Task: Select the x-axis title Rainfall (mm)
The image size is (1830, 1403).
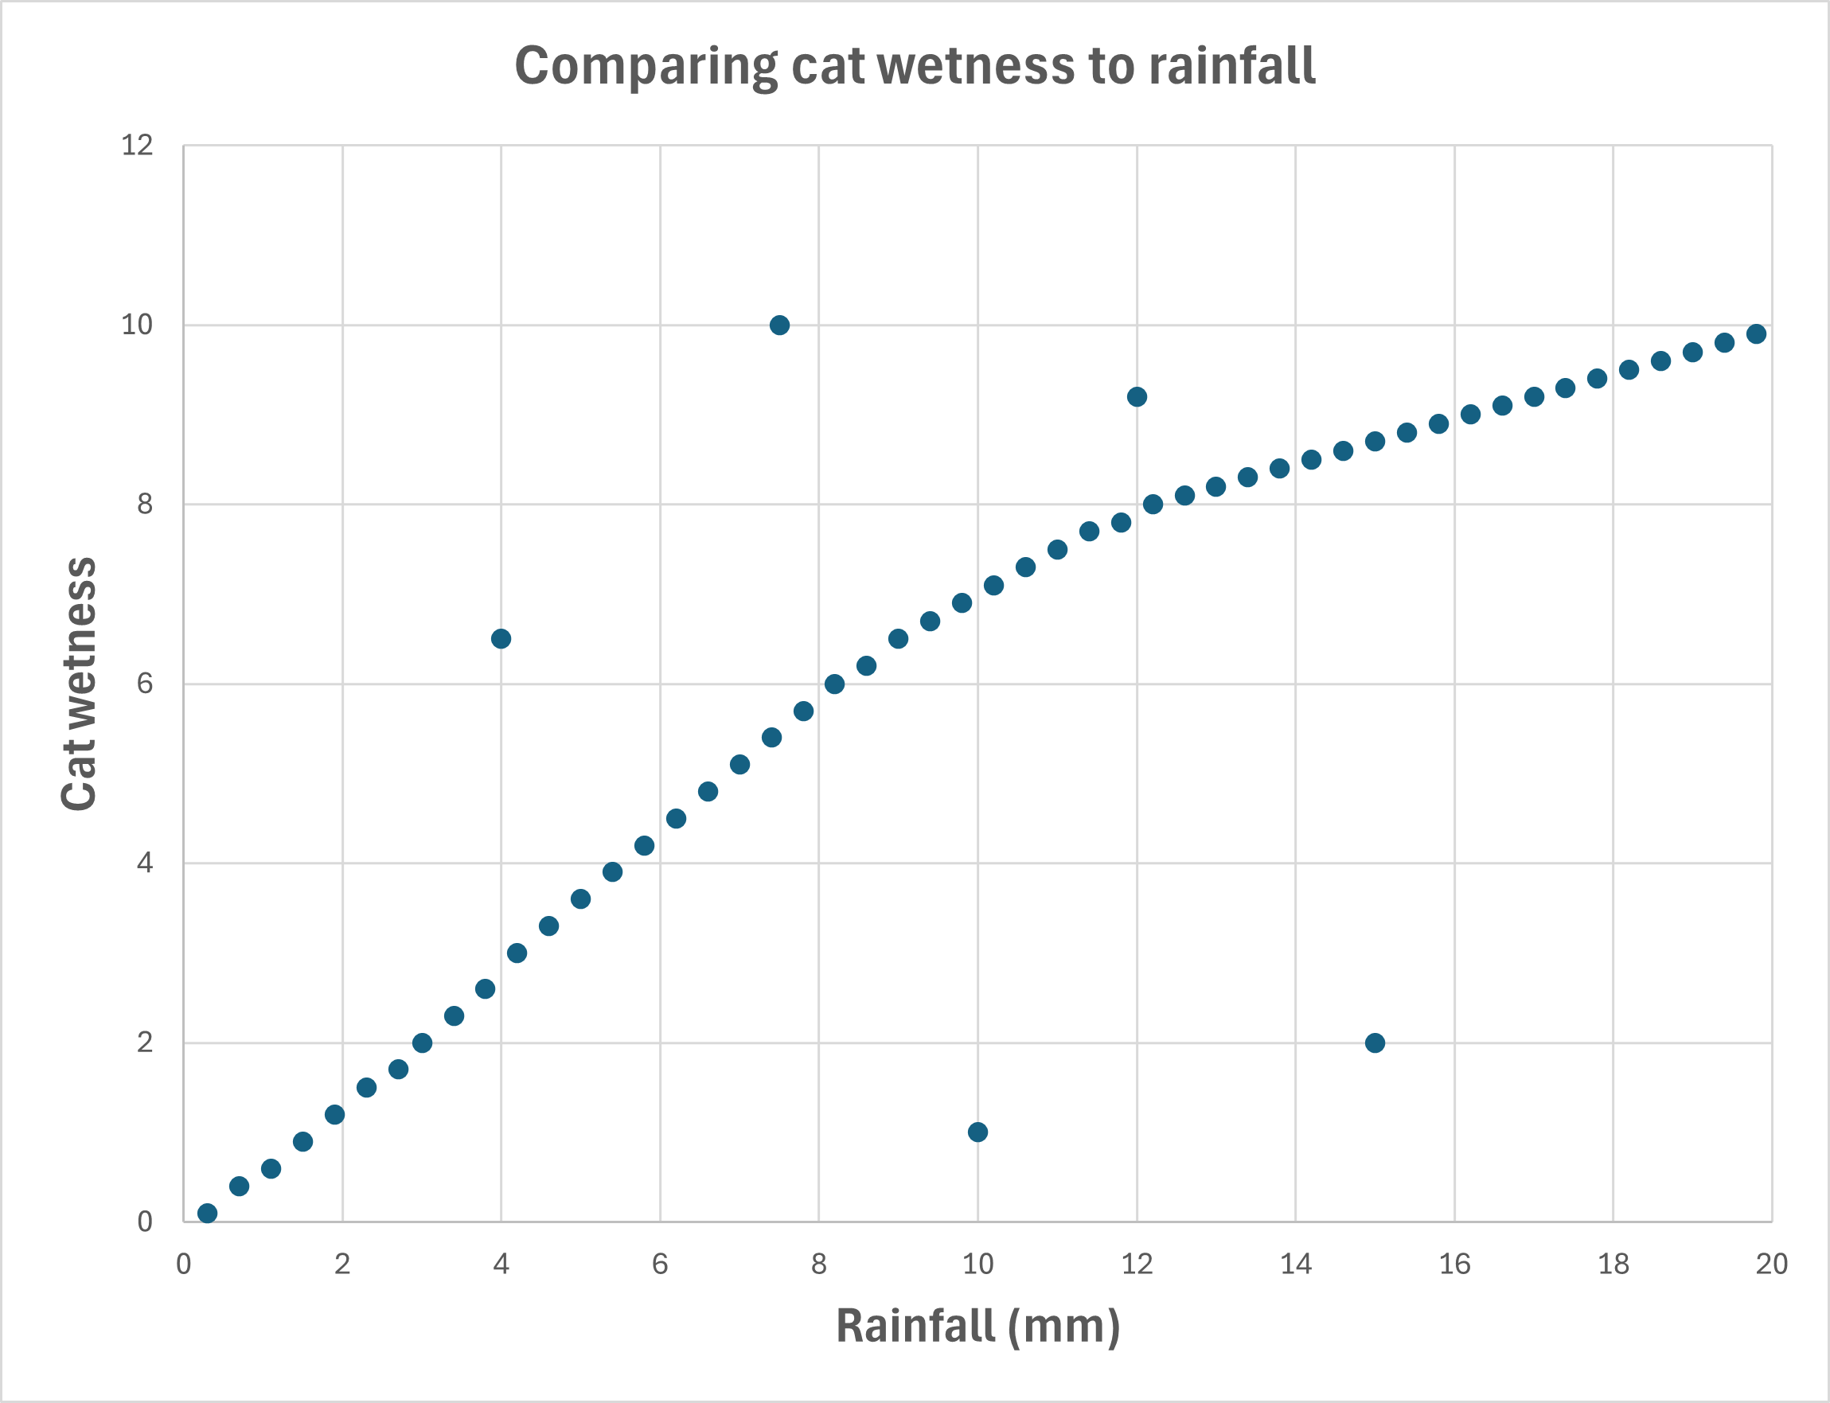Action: [977, 1326]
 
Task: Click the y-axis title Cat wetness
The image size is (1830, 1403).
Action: [80, 683]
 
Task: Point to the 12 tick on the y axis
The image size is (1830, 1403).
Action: [138, 146]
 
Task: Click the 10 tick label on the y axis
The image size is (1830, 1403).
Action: [138, 325]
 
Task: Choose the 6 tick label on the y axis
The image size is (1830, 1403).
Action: [146, 684]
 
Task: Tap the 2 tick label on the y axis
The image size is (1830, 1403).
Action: [146, 1043]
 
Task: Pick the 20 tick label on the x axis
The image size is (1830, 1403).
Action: [1771, 1265]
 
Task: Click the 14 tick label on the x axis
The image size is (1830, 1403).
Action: [1295, 1265]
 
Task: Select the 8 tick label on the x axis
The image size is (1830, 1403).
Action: [818, 1265]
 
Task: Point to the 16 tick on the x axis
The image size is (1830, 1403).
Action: [1454, 1265]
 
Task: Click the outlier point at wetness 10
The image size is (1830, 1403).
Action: [779, 325]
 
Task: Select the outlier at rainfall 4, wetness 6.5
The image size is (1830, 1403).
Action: [501, 639]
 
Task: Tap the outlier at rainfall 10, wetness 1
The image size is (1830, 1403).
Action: [978, 1132]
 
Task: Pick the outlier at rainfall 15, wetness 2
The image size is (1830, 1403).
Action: [1375, 1043]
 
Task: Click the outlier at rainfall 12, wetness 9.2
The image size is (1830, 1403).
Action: [1137, 396]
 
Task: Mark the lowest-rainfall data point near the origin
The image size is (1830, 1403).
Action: [207, 1214]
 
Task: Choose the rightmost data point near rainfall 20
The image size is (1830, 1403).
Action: [1757, 334]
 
